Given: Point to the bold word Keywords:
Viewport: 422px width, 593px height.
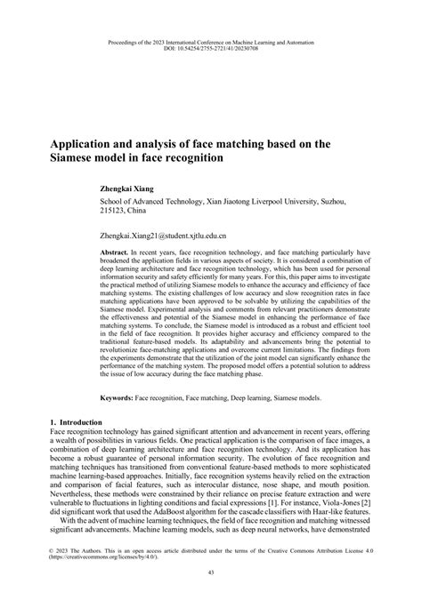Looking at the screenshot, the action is tap(117, 400).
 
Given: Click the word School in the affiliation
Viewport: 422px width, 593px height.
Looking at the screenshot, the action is tap(113, 203).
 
